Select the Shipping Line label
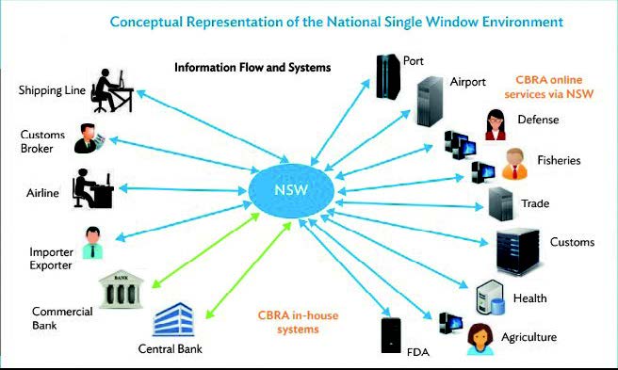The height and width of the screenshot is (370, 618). [53, 90]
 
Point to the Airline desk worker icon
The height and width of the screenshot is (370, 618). [93, 188]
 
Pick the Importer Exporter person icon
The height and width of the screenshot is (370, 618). [92, 243]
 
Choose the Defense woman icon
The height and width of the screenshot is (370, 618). [495, 123]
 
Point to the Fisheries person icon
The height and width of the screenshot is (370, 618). [514, 164]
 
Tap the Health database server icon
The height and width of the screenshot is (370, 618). [488, 299]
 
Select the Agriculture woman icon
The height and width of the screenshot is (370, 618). [480, 338]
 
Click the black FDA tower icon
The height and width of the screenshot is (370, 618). [392, 336]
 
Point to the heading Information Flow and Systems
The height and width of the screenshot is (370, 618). [252, 68]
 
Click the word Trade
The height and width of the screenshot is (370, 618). [534, 202]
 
